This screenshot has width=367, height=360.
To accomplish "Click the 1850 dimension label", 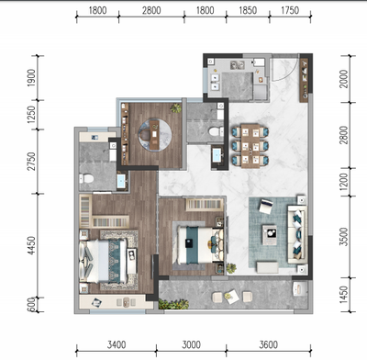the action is click(248, 11).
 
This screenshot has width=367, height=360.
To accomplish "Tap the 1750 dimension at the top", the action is click(290, 11).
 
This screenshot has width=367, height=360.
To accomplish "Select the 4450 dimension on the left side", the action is click(31, 245).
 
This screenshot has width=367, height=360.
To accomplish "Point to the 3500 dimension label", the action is click(344, 236).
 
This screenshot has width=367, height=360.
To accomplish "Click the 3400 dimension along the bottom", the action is click(117, 345).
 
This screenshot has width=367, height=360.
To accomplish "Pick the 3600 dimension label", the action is click(269, 345).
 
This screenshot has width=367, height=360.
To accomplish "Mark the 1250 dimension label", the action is click(31, 115).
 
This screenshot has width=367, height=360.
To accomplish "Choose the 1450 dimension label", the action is click(344, 295).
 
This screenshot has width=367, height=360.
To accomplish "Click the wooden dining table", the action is click(250, 146).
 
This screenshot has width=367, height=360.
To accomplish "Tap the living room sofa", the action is click(297, 234).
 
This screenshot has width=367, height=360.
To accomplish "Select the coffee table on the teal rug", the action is click(270, 235).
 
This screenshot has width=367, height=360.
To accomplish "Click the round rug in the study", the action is click(154, 134).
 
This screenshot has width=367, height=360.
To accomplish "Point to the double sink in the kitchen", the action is click(238, 65).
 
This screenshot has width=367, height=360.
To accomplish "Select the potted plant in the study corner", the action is click(176, 108).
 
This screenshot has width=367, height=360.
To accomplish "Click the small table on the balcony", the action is click(231, 297).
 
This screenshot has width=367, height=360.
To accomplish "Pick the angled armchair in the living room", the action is click(266, 207).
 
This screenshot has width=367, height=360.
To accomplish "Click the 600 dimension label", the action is click(31, 305).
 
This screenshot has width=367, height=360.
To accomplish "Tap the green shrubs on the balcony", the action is click(173, 304).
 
